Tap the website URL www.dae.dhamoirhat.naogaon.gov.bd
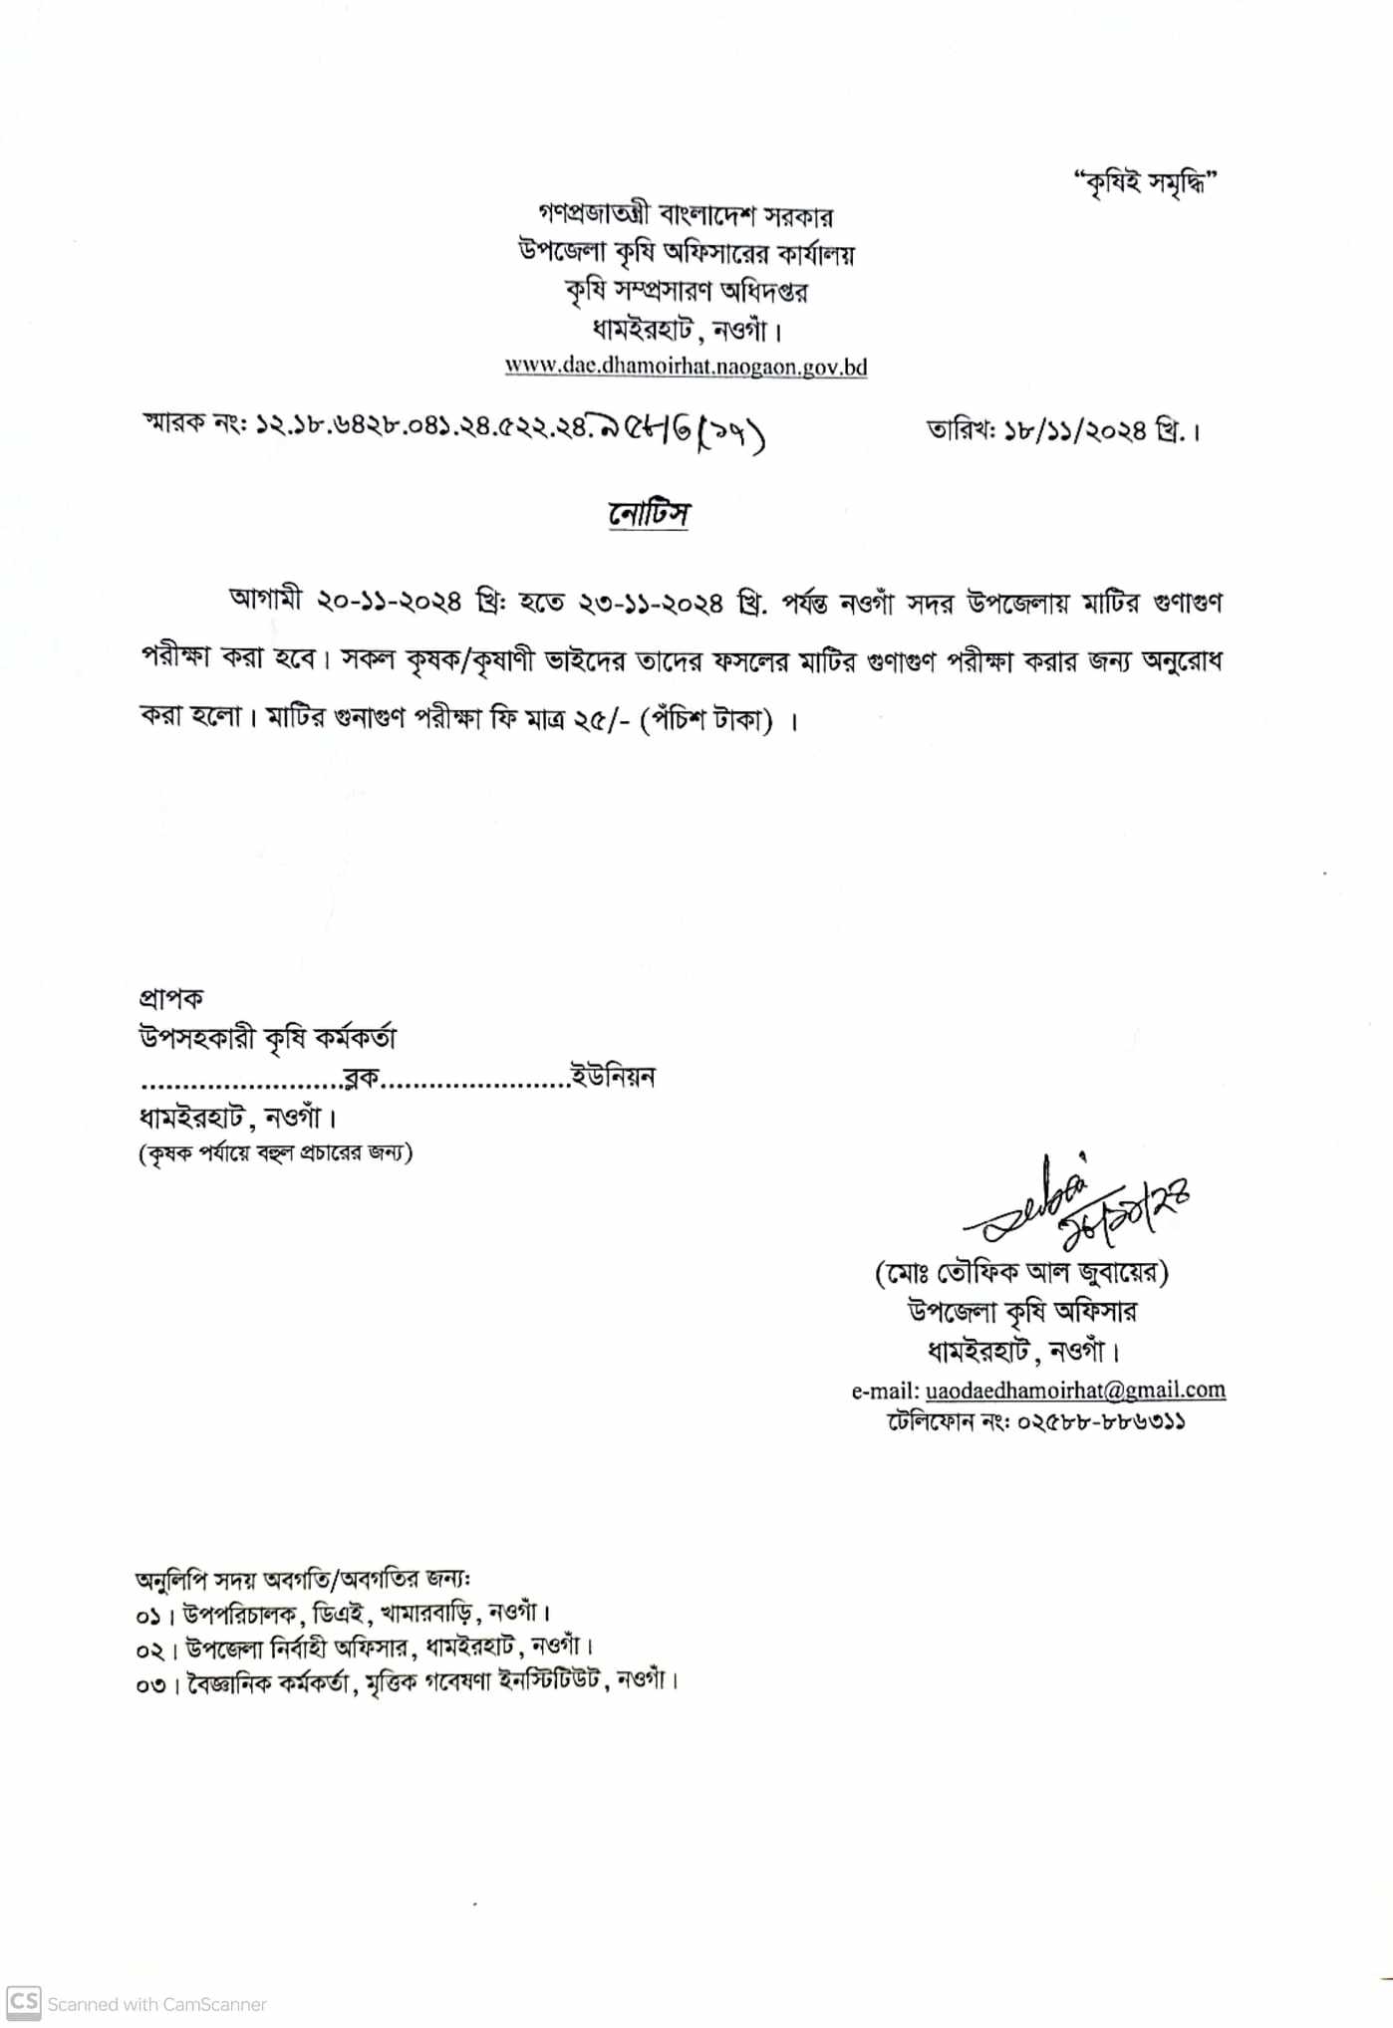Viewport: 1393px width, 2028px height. point(686,366)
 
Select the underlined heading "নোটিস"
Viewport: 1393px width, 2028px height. point(649,514)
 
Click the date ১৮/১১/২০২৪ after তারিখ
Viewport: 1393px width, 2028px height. point(1076,431)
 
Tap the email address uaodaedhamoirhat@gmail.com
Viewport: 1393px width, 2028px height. point(1075,1390)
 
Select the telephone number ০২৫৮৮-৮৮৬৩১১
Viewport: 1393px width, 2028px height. point(1100,1421)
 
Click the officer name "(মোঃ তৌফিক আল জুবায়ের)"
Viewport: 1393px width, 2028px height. point(1021,1272)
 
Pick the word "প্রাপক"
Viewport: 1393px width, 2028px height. point(171,998)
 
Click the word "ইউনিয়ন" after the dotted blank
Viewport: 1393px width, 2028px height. point(612,1077)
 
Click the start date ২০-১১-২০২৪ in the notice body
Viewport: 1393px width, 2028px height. point(390,602)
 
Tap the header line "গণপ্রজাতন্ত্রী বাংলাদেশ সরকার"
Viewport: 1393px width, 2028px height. point(686,214)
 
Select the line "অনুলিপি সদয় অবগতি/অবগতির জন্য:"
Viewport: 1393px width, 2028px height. point(303,1580)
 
